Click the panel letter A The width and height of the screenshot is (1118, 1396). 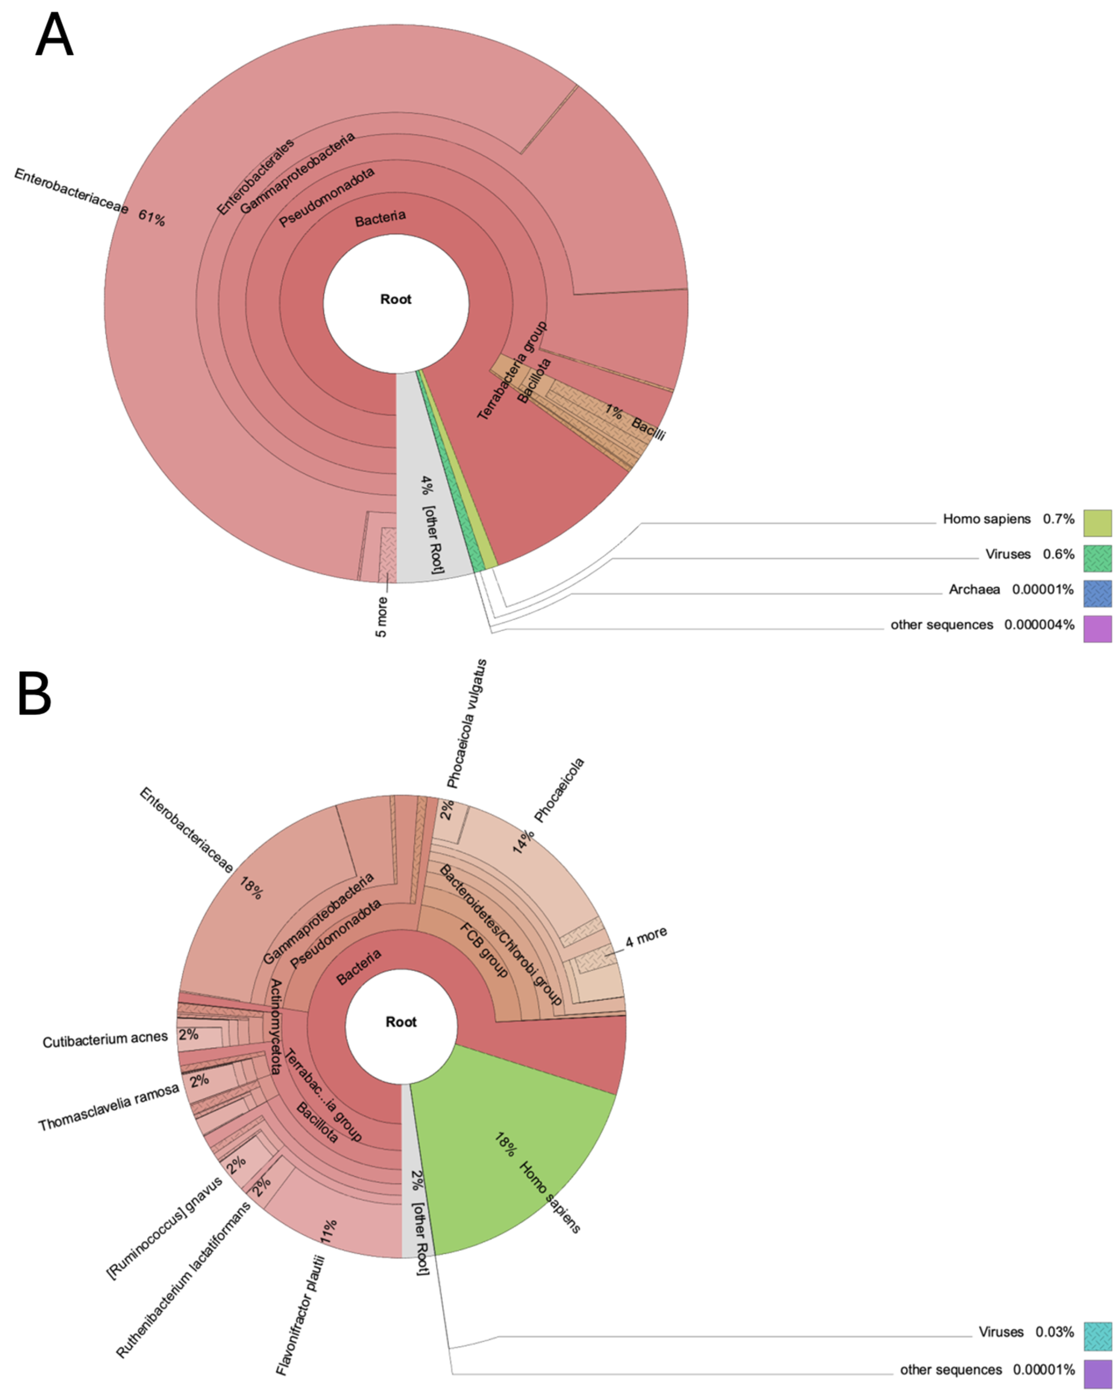tap(54, 36)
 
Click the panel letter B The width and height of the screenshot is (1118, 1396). tap(34, 693)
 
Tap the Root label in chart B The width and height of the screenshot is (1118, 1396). tap(401, 1022)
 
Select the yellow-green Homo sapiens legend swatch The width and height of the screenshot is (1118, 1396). tap(1097, 523)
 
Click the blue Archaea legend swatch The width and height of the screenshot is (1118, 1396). tap(1097, 593)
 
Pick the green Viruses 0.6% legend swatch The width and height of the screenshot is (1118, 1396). tap(1097, 558)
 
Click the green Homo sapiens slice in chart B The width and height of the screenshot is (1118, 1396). tap(518, 1159)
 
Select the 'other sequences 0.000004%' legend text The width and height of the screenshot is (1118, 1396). tap(982, 625)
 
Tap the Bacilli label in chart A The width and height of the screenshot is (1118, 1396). tap(648, 429)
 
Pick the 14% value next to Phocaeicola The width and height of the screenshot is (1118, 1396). tap(523, 842)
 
